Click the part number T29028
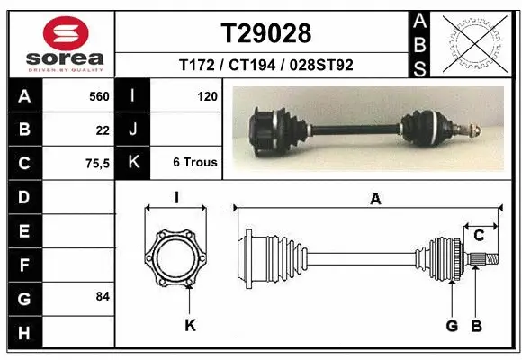(265, 33)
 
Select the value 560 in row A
(99, 95)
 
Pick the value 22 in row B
(103, 130)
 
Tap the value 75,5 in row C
(97, 163)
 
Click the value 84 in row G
(102, 296)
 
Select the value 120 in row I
(206, 95)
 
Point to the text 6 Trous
(195, 163)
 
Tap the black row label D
(23, 196)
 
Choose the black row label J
(132, 130)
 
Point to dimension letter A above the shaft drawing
(375, 200)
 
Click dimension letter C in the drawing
(480, 236)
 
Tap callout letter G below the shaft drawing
(452, 325)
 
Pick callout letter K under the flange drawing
(190, 325)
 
